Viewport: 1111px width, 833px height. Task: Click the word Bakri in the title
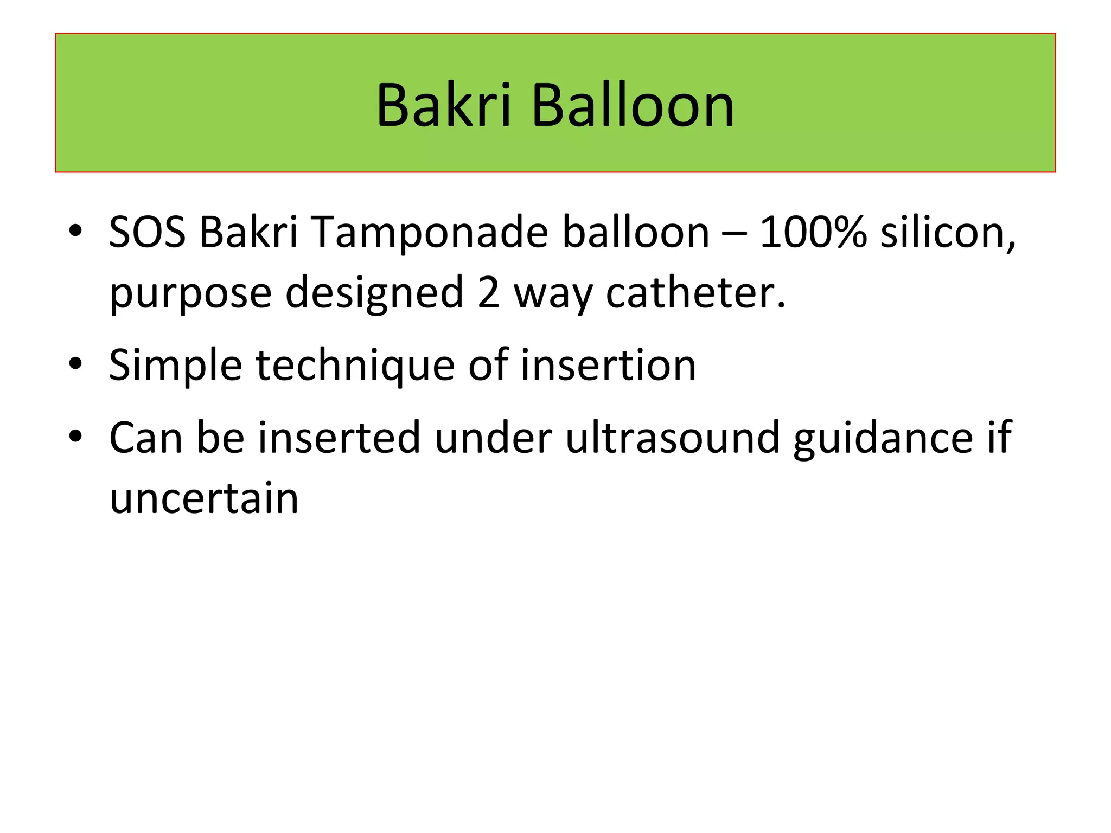443,105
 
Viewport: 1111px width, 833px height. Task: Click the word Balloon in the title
633,105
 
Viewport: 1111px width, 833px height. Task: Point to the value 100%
813,232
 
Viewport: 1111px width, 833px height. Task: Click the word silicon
947,232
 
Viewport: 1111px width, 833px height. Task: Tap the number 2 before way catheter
488,293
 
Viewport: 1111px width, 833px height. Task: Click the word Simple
175,366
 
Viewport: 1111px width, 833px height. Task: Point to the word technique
355,366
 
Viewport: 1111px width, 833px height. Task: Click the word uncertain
204,499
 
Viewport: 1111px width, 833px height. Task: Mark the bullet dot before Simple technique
75,363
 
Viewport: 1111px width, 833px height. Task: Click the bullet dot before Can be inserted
75,435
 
